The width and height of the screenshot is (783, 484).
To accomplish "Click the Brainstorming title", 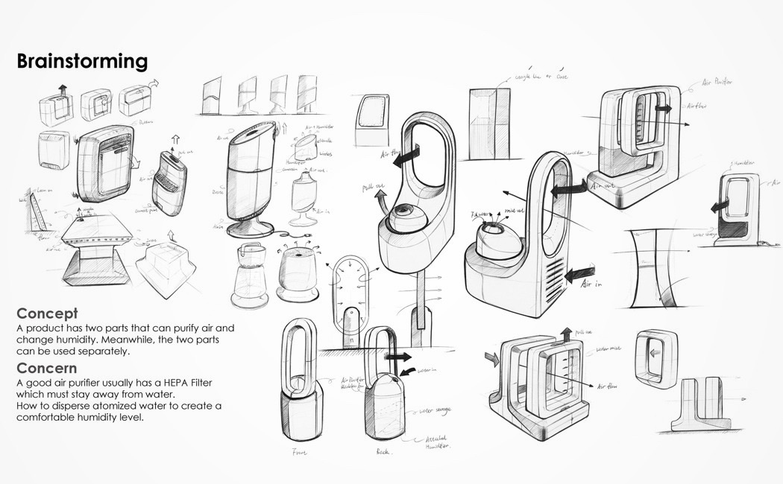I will coord(82,61).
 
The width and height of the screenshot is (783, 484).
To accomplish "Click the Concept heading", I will coord(47,313).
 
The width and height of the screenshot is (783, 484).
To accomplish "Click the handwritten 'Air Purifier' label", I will coord(717,84).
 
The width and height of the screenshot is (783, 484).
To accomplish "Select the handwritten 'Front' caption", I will coord(301,452).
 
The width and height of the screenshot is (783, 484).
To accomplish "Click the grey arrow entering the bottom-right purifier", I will coord(490,360).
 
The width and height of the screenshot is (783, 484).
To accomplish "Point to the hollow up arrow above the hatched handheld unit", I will coord(177,139).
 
